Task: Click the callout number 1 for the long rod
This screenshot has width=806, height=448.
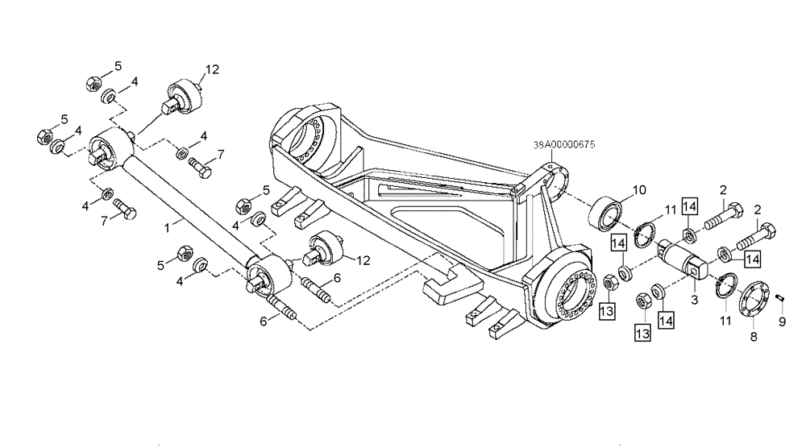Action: coord(167,229)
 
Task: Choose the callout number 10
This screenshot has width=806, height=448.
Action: coord(639,190)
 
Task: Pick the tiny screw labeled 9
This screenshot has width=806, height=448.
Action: coord(780,299)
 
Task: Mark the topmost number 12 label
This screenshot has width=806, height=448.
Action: coord(211,70)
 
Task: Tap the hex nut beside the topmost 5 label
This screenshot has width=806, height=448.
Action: coord(91,81)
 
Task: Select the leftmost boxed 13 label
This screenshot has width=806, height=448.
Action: coord(608,310)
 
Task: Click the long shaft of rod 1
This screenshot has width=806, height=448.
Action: coord(185,209)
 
